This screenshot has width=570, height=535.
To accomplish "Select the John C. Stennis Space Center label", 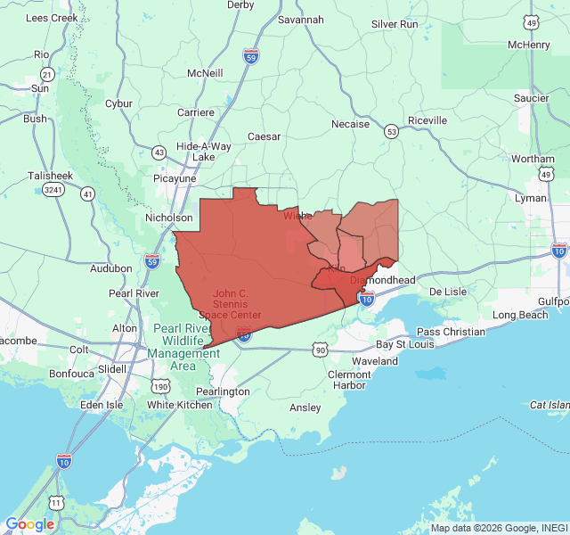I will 237,304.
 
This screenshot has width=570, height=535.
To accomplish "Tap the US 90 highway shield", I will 320,350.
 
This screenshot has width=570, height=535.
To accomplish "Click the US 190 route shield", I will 160,386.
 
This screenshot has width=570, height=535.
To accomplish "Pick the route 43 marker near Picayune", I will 159,152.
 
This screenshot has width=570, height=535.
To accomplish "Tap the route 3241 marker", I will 54,190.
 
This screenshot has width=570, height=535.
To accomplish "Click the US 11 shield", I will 56,503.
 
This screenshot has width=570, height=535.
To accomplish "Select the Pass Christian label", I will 451,332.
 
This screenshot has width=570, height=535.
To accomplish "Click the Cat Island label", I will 549,405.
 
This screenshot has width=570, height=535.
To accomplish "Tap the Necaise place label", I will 350,124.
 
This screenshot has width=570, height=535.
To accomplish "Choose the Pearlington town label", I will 223,391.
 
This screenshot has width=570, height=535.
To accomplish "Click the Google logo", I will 29,524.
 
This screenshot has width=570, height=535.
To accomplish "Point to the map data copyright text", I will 499,528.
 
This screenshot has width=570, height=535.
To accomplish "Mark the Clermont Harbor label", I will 348,380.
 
